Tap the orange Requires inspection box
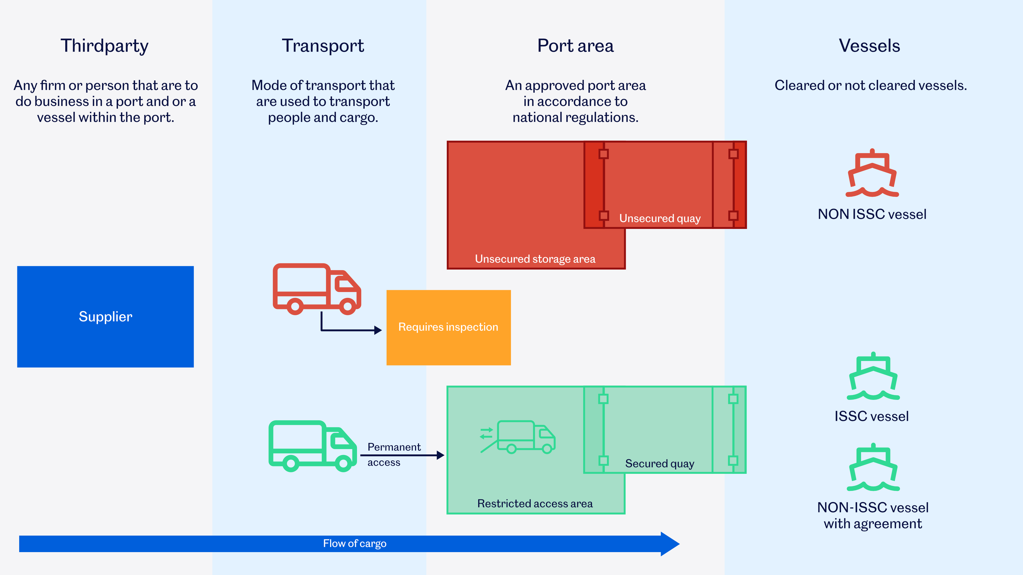pos(448,327)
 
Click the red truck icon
pos(316,289)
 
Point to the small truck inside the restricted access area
pos(525,437)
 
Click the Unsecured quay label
pos(660,218)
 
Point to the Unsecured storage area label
pos(535,259)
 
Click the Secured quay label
pos(660,463)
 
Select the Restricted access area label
pos(535,504)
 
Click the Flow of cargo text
pos(355,544)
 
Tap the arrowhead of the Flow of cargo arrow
pos(670,544)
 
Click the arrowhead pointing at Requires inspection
pos(378,330)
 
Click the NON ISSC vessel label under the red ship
pos(872,214)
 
